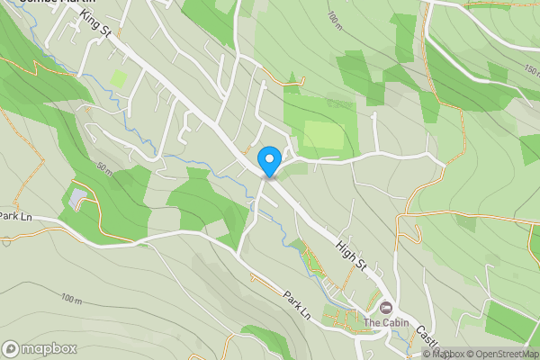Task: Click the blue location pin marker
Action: click(268, 161)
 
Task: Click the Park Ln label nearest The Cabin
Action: click(296, 304)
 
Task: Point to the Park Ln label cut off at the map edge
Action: click(15, 216)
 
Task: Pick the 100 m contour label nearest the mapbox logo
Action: click(70, 297)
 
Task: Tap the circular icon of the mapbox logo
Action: click(12, 348)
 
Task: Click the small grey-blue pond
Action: click(78, 195)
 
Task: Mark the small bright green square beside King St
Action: click(118, 78)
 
